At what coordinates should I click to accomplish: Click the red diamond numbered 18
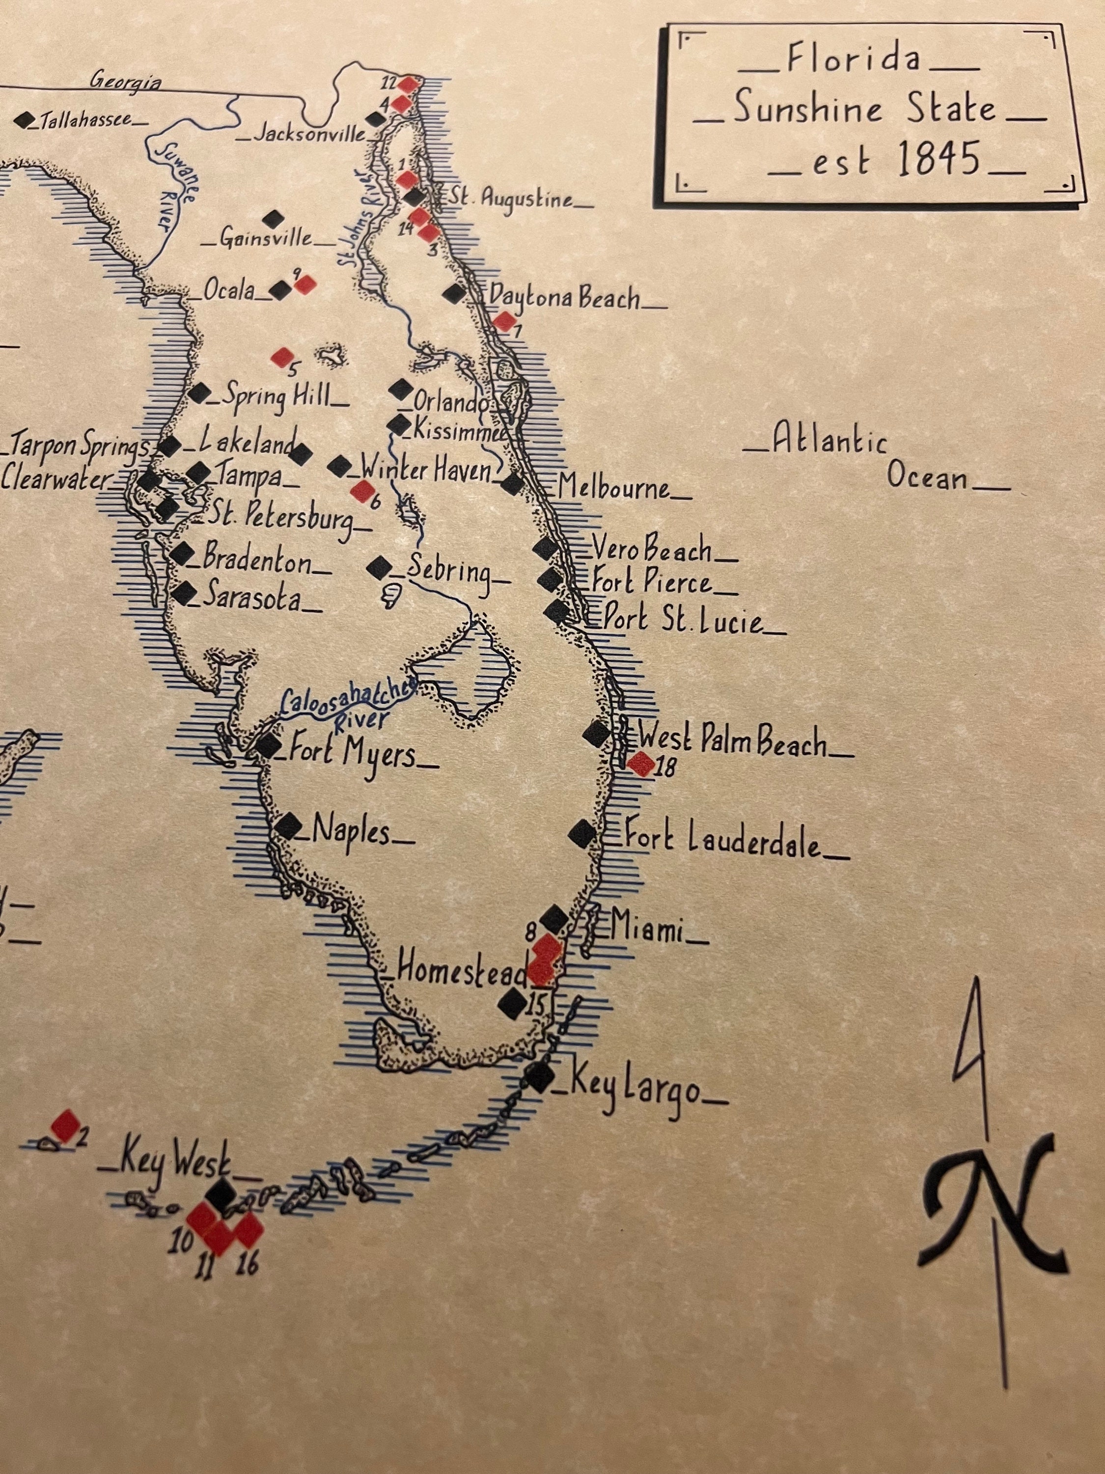tap(642, 764)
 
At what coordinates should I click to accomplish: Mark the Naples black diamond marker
tap(288, 826)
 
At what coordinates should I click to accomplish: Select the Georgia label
tap(126, 82)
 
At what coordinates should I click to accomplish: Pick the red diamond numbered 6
tap(363, 491)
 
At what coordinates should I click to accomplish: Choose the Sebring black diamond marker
tap(380, 568)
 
